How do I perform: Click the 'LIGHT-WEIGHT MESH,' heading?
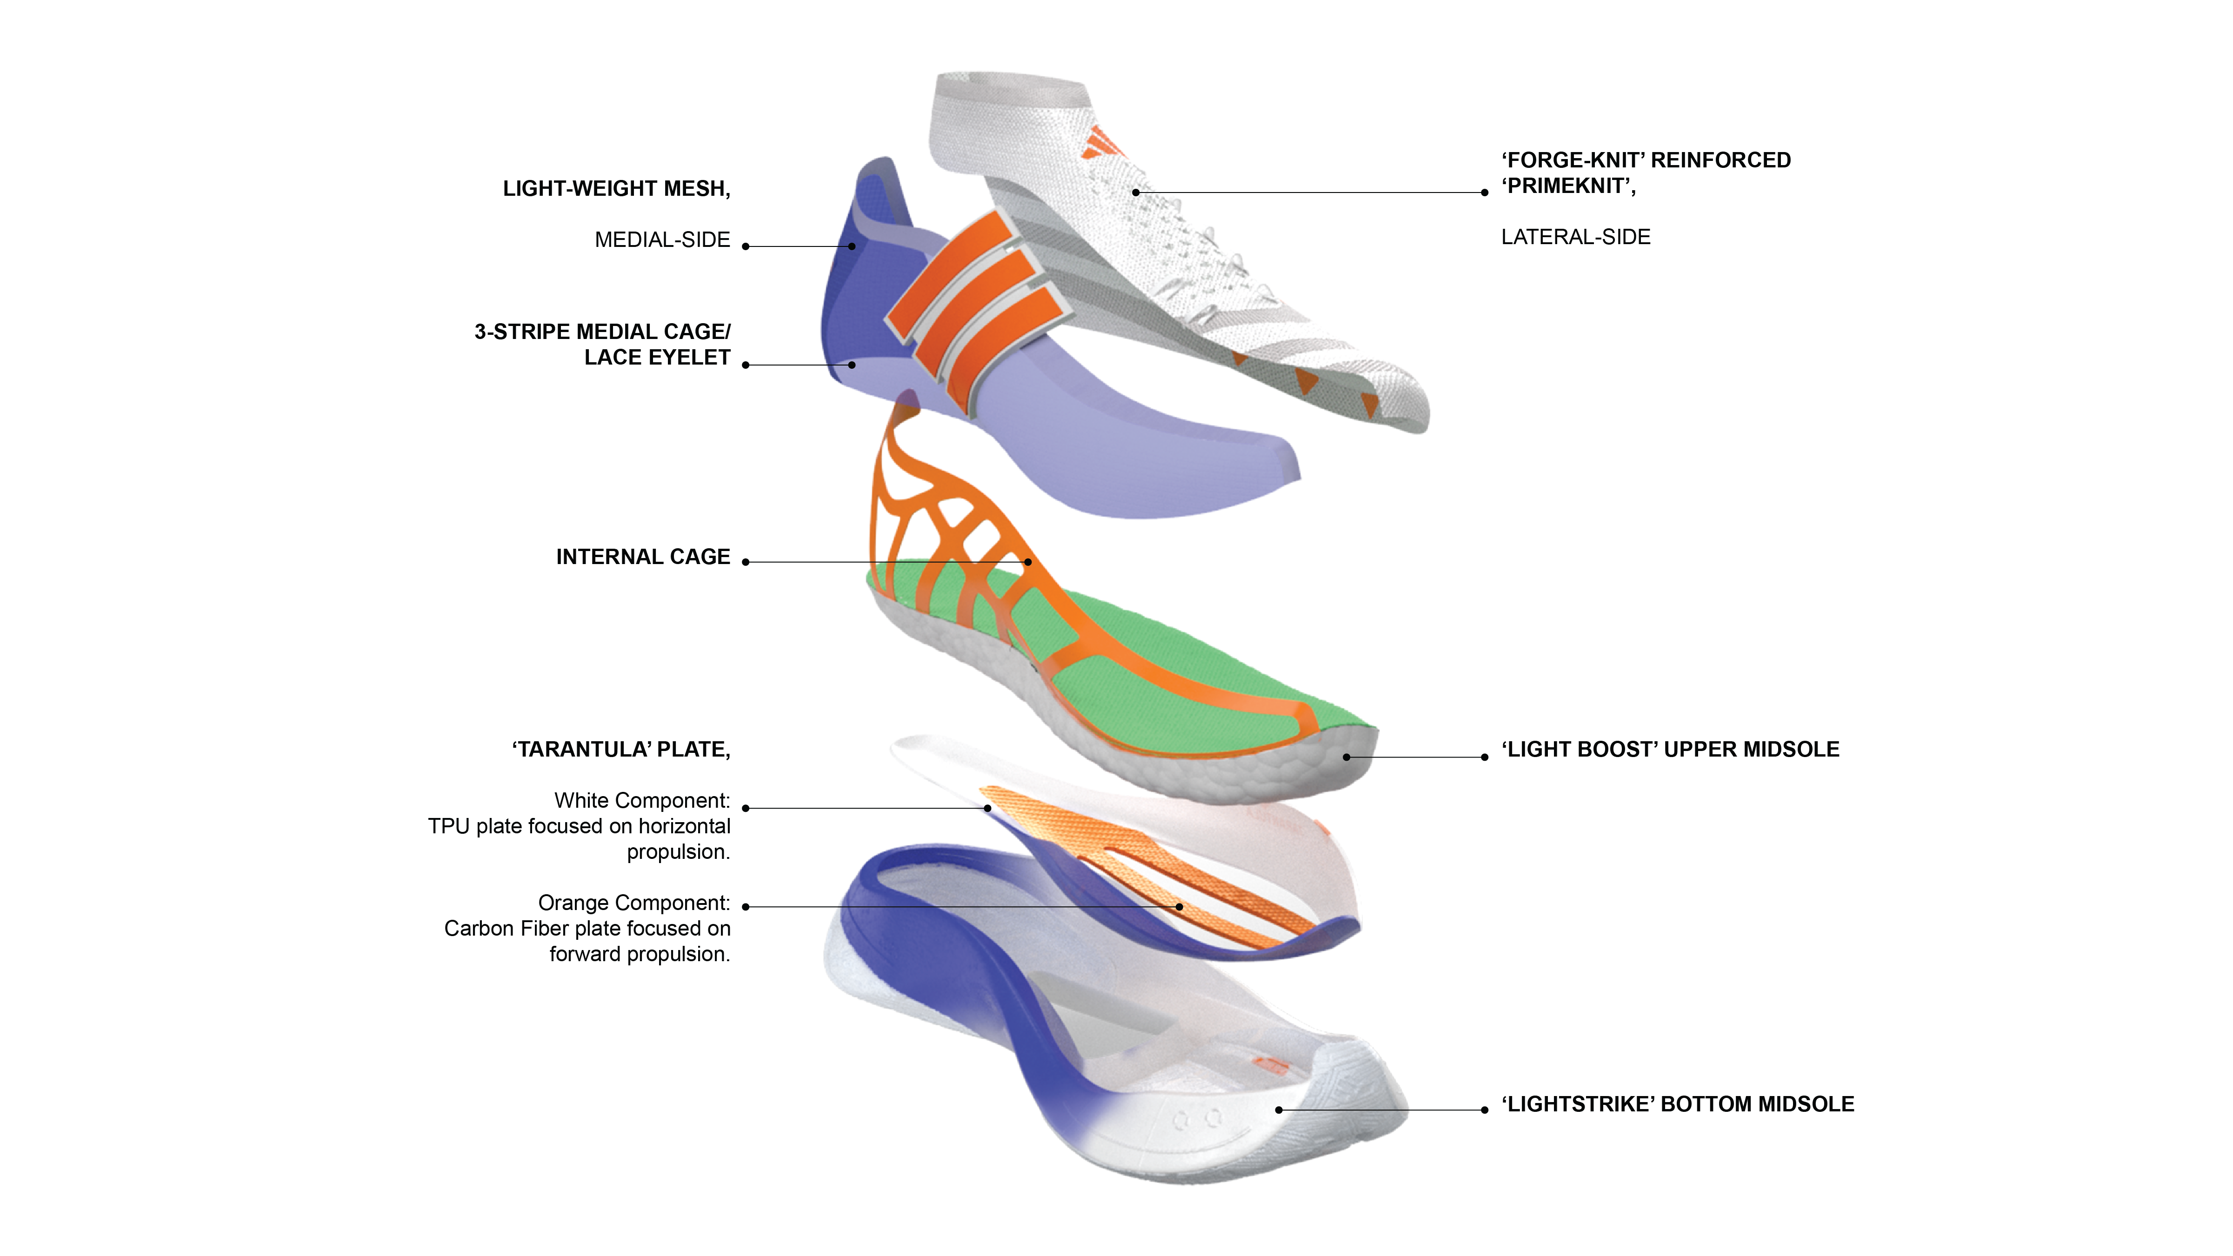(x=616, y=189)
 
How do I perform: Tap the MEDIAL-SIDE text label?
(x=662, y=240)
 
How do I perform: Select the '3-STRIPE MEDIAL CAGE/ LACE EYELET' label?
(x=602, y=344)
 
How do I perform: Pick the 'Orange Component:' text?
(x=633, y=903)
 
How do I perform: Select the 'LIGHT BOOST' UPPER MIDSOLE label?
(x=1670, y=750)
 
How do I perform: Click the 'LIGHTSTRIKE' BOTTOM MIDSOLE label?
(x=1677, y=1104)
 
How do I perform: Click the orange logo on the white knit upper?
(x=1101, y=143)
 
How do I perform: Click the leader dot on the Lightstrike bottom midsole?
(x=1279, y=1110)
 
